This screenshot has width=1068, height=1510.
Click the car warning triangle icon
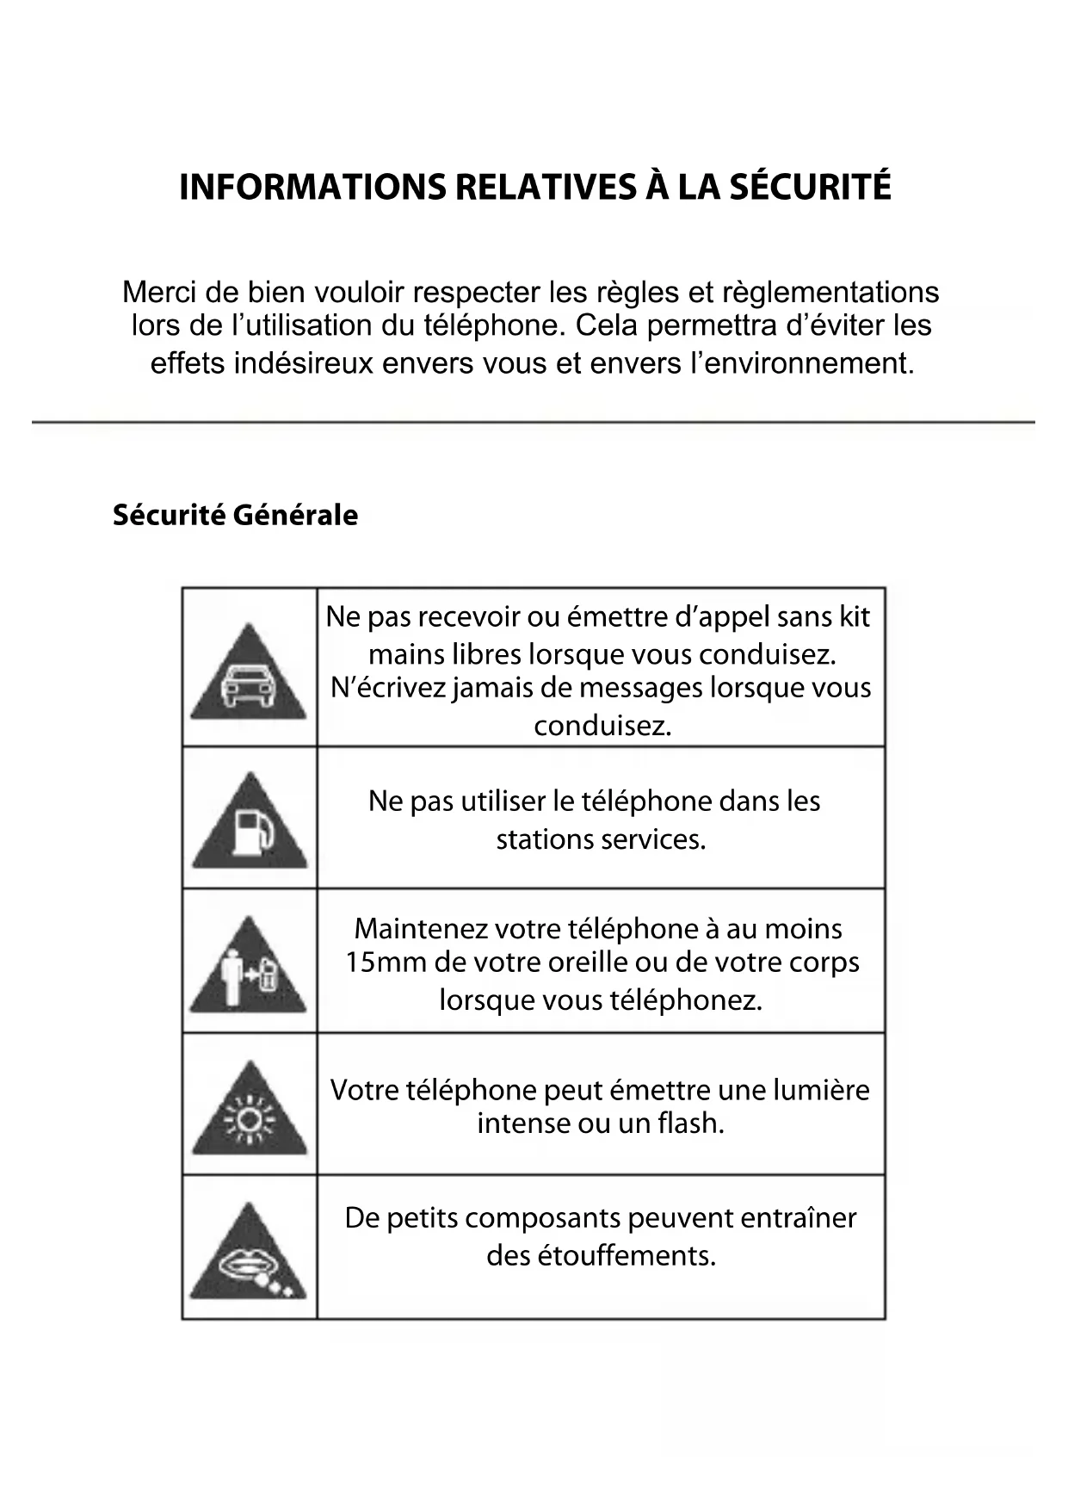pos(248,674)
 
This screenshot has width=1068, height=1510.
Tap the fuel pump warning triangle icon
pos(249,824)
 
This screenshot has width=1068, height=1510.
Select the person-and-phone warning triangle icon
pos(248,967)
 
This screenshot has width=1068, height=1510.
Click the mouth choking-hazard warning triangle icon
pos(248,1254)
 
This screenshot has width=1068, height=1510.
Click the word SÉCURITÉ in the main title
pos(810,187)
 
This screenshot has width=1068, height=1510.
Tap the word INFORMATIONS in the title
pos(312,187)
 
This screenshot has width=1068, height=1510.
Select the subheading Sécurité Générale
pos(235,515)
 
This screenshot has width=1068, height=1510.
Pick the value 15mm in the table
pos(385,962)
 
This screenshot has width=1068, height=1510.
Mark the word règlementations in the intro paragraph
pos(831,293)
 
